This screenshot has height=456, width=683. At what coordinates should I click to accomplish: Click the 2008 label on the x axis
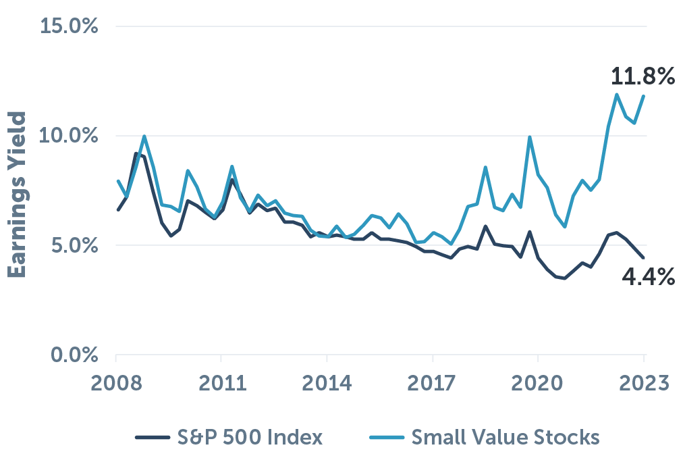click(x=115, y=385)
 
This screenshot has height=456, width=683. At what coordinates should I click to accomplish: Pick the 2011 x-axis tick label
click(x=221, y=385)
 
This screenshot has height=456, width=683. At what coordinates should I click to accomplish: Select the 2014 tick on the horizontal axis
click(x=327, y=385)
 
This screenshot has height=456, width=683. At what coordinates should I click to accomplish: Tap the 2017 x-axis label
click(x=432, y=385)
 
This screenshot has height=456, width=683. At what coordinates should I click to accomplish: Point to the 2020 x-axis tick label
click(x=538, y=385)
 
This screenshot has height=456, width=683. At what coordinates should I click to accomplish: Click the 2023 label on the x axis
click(x=643, y=385)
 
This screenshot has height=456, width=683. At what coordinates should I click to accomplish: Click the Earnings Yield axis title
click(x=18, y=195)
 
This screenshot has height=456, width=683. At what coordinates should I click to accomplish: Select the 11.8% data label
click(x=643, y=77)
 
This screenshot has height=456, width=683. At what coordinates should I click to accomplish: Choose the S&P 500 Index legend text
click(x=256, y=437)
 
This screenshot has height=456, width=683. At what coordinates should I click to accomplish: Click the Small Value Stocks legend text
click(x=506, y=437)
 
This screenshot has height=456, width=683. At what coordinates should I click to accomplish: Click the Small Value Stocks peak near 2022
click(x=617, y=94)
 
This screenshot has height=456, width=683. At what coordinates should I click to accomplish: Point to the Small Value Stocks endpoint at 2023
click(x=644, y=96)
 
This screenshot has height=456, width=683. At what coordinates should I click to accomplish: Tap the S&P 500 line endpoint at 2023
click(x=644, y=257)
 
